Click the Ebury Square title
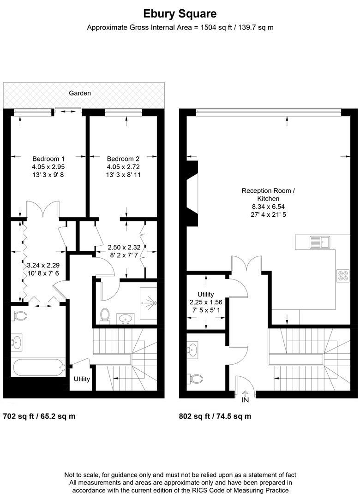tap(180, 14)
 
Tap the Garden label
tap(80, 93)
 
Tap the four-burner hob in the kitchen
tap(343, 275)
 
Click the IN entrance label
tap(245, 400)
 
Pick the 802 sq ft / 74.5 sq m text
tap(215, 416)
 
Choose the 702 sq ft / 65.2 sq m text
tap(39, 416)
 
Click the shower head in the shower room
tap(153, 303)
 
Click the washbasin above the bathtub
tap(17, 342)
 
